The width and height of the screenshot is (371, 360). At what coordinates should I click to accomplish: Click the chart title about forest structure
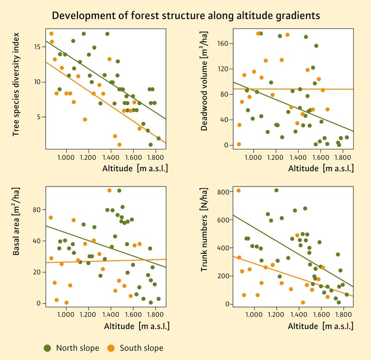tap(185, 15)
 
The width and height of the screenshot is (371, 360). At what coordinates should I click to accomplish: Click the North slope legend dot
tap(47, 347)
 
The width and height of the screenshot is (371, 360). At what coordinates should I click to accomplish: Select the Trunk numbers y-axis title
tap(205, 244)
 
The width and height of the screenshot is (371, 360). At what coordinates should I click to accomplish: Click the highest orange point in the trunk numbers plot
tap(239, 190)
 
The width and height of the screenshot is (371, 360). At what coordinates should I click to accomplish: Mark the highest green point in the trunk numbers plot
tap(276, 190)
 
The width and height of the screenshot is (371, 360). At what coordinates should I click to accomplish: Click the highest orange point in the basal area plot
tap(109, 190)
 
